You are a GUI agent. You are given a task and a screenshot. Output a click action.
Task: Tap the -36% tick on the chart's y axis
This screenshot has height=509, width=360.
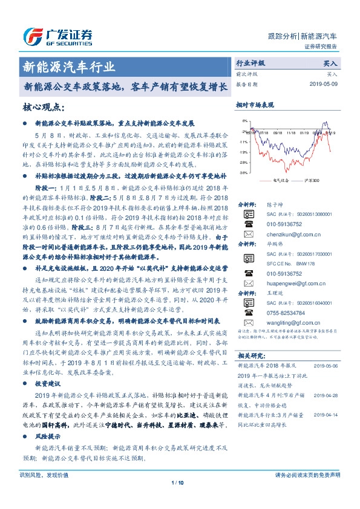click(243, 172)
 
